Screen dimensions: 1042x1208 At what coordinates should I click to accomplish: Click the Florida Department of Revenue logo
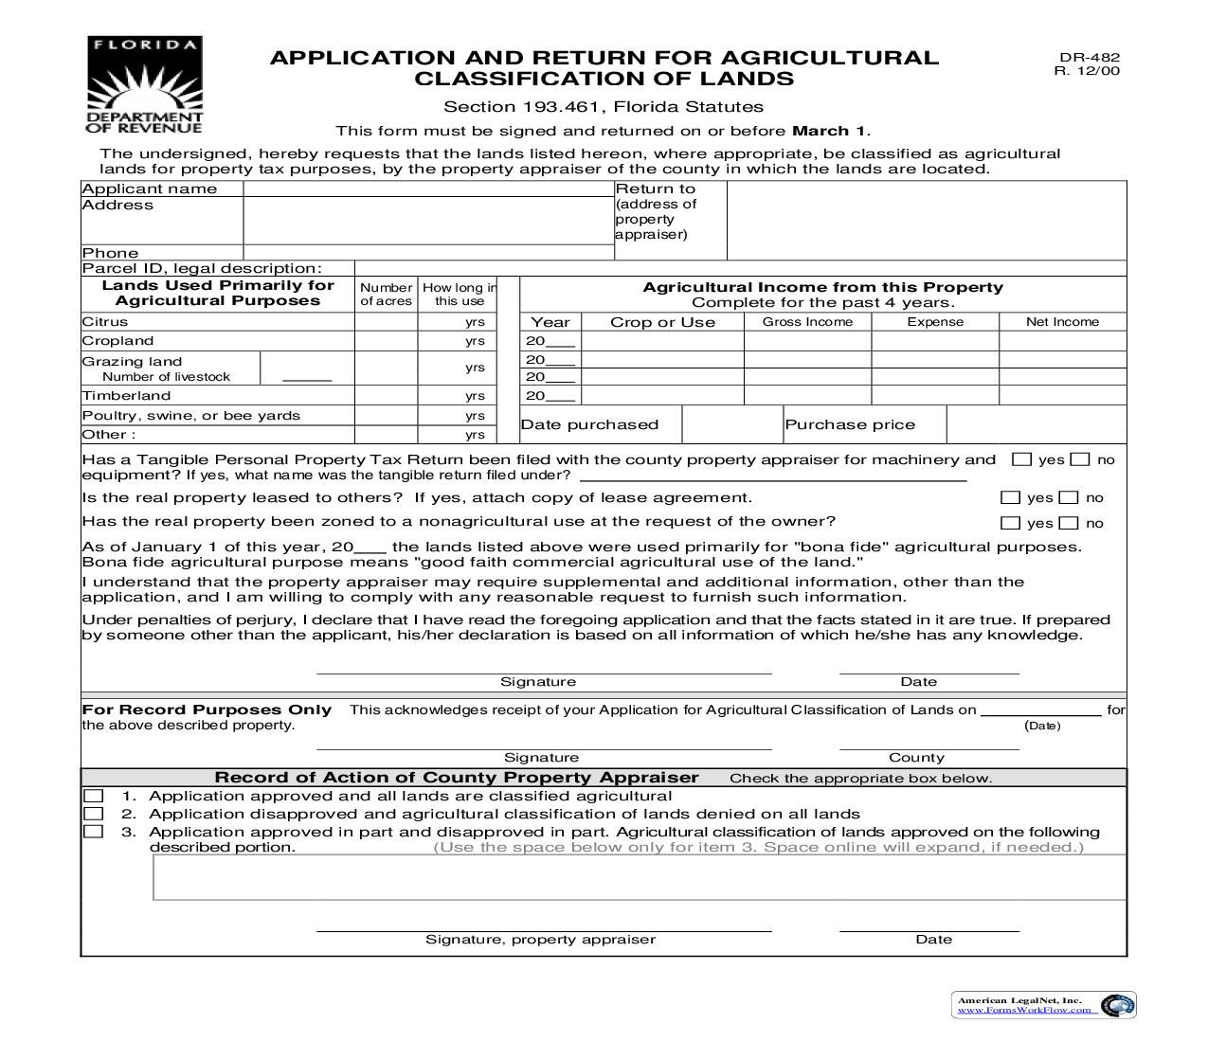pyautogui.click(x=144, y=85)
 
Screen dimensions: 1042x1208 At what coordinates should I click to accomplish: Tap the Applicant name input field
pyautogui.click(x=428, y=189)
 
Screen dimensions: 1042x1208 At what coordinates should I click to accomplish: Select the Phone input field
pyautogui.click(x=428, y=252)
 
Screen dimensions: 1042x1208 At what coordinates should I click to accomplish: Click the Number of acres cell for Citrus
pyautogui.click(x=386, y=322)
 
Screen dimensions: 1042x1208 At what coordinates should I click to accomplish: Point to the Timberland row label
pyautogui.click(x=126, y=396)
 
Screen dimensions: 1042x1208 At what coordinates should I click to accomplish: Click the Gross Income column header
pyautogui.click(x=807, y=322)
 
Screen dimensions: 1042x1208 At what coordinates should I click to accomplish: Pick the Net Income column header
pyautogui.click(x=1062, y=322)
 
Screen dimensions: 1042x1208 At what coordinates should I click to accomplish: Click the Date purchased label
pyautogui.click(x=589, y=424)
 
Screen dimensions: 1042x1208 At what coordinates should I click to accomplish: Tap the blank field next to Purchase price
pyautogui.click(x=1036, y=424)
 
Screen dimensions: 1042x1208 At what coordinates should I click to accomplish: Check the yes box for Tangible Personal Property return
pyautogui.click(x=1021, y=459)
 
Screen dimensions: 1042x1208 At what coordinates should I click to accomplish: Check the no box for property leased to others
pyautogui.click(x=1069, y=497)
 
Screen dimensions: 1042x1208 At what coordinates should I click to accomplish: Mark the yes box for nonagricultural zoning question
pyautogui.click(x=1011, y=523)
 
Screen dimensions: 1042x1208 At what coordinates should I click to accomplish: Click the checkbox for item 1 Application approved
pyautogui.click(x=93, y=796)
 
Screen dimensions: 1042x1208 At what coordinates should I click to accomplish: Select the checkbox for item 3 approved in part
pyautogui.click(x=93, y=832)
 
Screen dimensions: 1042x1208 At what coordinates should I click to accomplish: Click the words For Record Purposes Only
pyautogui.click(x=207, y=710)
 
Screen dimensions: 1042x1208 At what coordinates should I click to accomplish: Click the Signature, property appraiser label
pyautogui.click(x=540, y=940)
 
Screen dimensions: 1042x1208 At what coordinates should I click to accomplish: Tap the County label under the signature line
pyautogui.click(x=916, y=758)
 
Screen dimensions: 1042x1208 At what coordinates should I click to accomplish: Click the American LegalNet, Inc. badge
pyautogui.click(x=1043, y=1005)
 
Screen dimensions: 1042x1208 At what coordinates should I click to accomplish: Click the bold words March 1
pyautogui.click(x=829, y=131)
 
